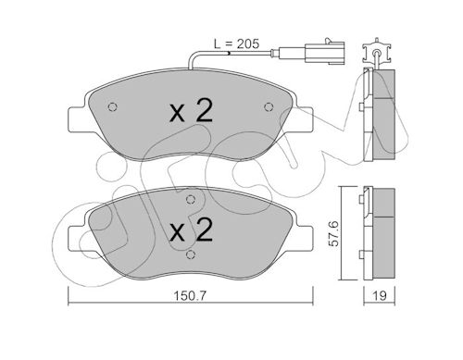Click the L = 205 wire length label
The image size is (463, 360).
click(x=237, y=44)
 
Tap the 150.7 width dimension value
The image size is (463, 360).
click(x=190, y=296)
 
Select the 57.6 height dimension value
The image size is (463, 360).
click(x=333, y=233)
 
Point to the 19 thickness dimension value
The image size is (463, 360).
click(x=380, y=296)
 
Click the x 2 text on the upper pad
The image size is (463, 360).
click(x=192, y=112)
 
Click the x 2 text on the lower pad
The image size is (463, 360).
click(x=192, y=230)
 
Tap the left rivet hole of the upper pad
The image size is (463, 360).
click(x=113, y=106)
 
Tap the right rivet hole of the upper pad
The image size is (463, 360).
click(x=269, y=106)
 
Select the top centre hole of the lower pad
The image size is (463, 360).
click(x=191, y=200)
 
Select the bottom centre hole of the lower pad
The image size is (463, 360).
click(x=192, y=254)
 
